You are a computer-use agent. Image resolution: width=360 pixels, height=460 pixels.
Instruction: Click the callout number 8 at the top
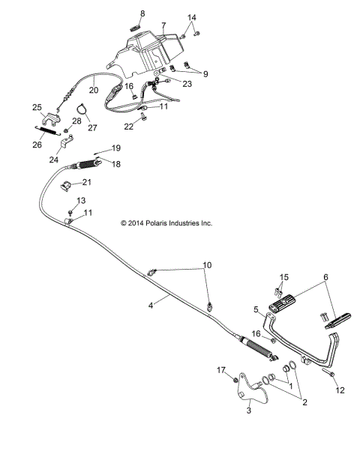pos(142,13)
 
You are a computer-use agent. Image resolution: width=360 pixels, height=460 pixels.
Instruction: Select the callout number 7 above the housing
pos(163,25)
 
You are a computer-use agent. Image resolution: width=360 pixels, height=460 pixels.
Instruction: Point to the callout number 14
pos(191,17)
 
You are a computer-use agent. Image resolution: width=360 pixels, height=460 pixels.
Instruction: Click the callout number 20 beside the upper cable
pos(94,90)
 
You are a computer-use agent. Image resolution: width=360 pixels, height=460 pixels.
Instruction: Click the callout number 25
pos(37,108)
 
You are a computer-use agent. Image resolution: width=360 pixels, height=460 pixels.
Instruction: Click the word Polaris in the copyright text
pos(159,223)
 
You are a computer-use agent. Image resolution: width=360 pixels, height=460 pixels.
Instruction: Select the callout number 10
pos(207,266)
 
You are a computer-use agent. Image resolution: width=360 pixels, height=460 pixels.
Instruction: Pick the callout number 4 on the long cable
pos(129,305)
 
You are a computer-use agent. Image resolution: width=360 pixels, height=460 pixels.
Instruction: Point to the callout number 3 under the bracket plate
pos(249,411)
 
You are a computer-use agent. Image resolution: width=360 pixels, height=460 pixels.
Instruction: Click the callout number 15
pos(283,277)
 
